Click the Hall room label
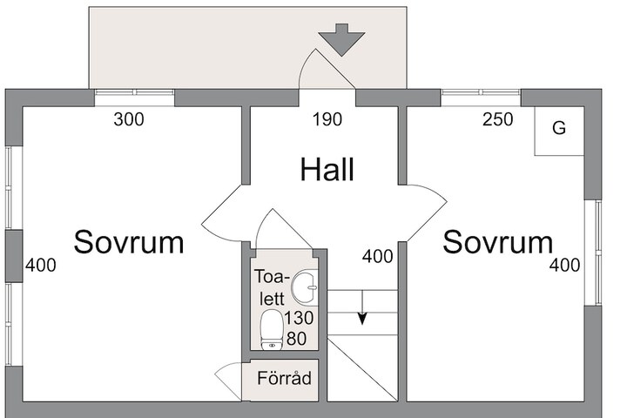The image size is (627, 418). pos(327,170)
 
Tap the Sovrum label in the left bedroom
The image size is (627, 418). pos(129,242)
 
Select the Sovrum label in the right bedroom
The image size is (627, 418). pos(498,242)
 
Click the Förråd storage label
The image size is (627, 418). pos(284,378)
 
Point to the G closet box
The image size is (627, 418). pos(559,131)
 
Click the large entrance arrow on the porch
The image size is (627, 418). pos(341,39)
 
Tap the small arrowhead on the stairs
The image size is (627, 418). pos(362,319)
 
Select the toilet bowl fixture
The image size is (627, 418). pos(272,330)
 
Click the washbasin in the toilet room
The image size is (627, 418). pos(305,287)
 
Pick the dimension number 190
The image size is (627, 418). pos(327,119)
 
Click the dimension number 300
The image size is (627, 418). pos(129,119)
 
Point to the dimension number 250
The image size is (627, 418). pos(498,119)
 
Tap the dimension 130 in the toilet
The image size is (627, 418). pos(299,319)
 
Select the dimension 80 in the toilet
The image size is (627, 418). pos(297,339)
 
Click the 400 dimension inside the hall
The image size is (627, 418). pos(377,256)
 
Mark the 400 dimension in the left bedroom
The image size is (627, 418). pos(41,266)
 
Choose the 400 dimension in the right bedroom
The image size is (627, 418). pos(564,266)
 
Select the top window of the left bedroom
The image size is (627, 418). pos(134,92)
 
